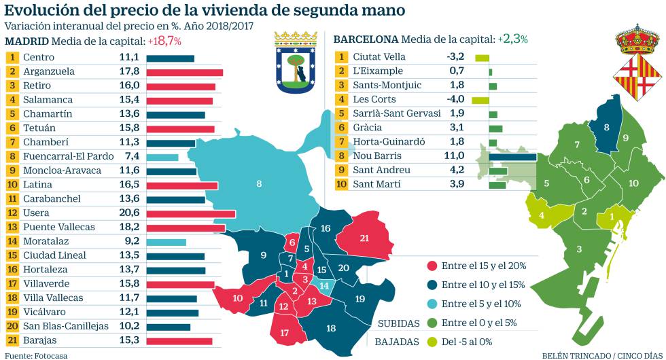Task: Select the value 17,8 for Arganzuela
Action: click(x=130, y=71)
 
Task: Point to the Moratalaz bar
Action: click(x=165, y=242)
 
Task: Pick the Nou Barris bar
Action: click(x=512, y=157)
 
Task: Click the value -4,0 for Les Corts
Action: click(x=453, y=100)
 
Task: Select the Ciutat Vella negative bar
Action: click(x=482, y=58)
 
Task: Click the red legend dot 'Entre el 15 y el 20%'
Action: click(x=432, y=266)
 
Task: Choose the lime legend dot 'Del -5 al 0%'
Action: click(x=432, y=342)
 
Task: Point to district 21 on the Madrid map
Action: click(x=364, y=238)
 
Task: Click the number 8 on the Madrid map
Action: click(x=259, y=183)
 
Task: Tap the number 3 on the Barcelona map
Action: click(x=579, y=249)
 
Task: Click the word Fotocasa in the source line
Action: click(x=51, y=355)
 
